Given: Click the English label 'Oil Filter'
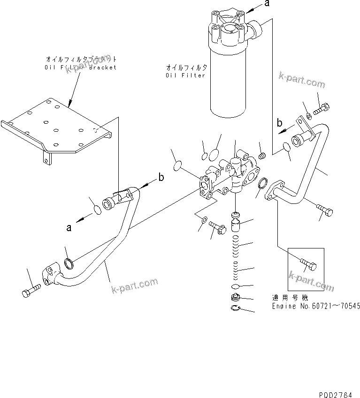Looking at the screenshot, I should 186,75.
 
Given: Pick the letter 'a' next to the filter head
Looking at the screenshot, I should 267,4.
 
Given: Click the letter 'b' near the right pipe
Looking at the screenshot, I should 279,123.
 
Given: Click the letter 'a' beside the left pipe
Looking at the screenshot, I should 69,228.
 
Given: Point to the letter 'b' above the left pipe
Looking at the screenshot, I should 161,177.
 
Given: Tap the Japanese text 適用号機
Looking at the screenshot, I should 287,297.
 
